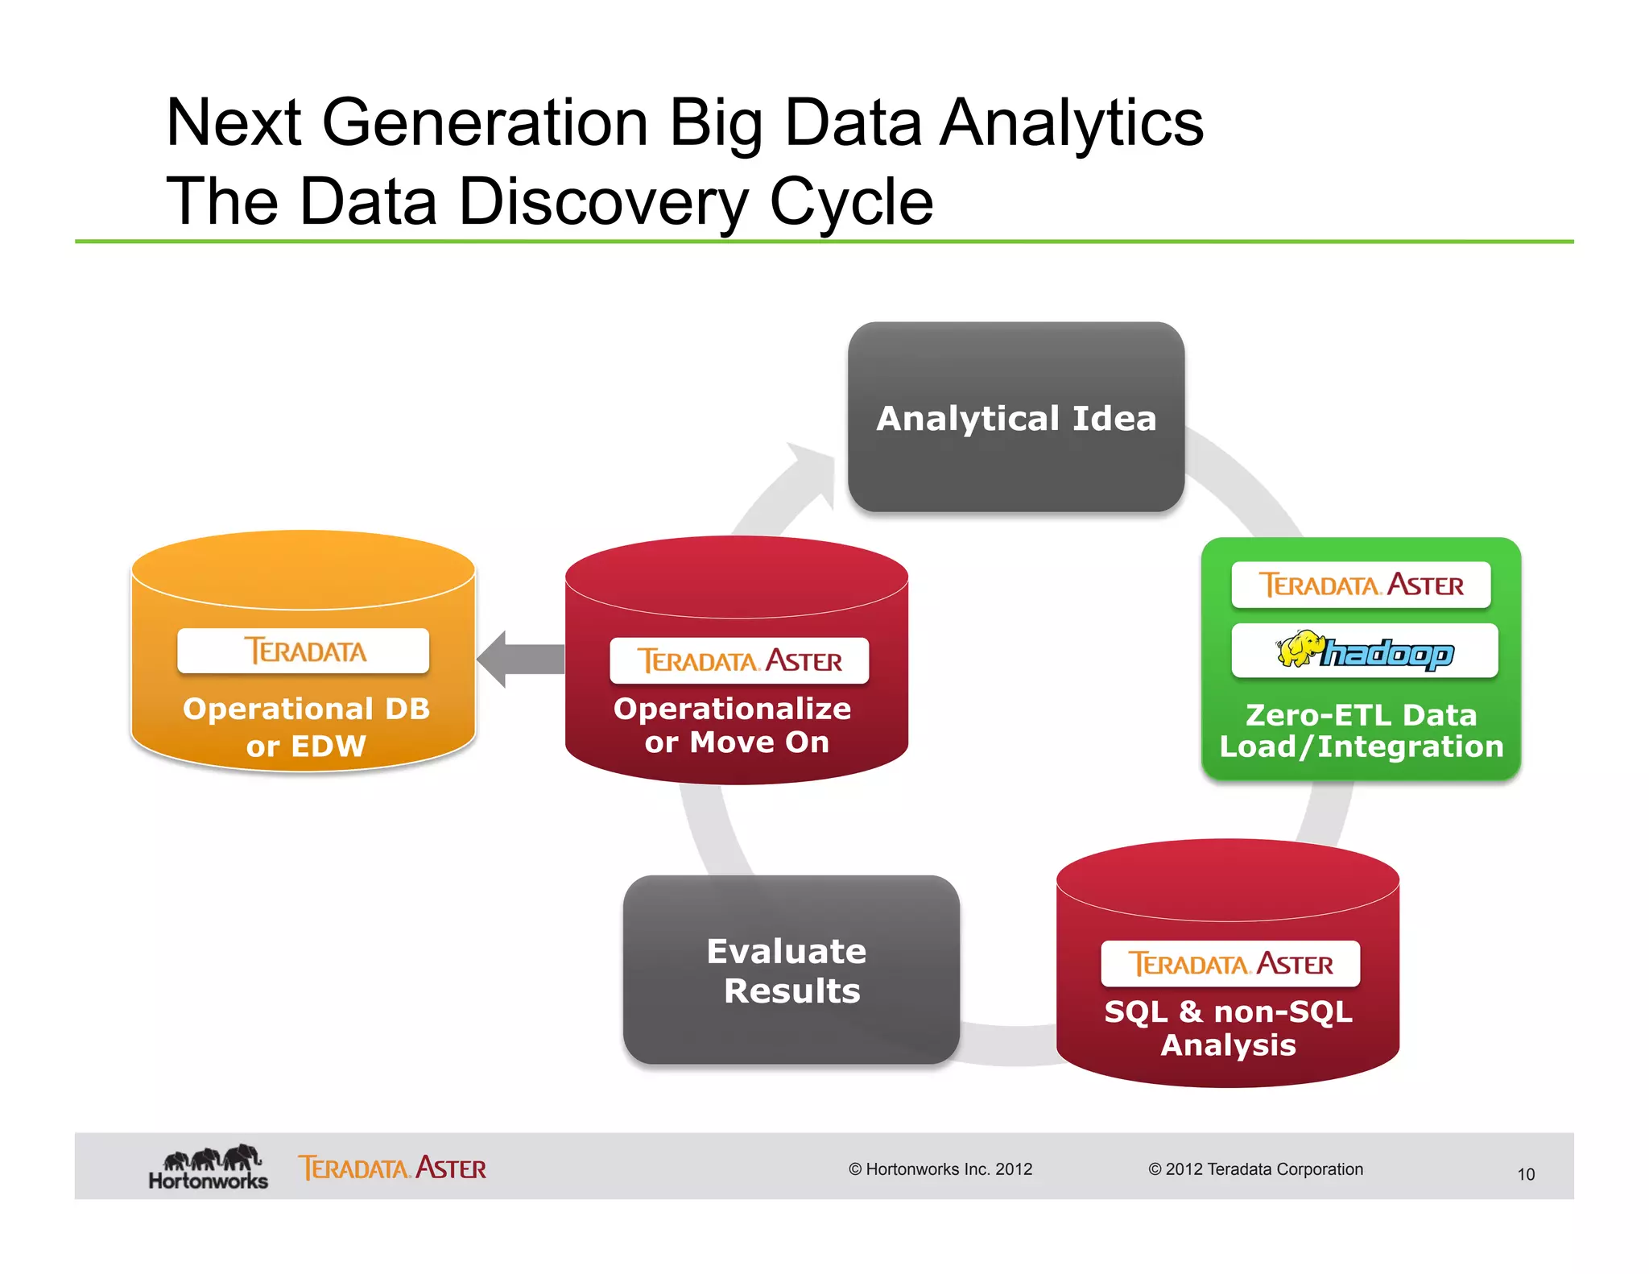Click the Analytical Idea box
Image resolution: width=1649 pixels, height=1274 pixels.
tap(1015, 417)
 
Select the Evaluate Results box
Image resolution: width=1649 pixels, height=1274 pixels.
tap(790, 970)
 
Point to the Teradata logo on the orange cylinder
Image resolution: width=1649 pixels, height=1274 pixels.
tap(304, 651)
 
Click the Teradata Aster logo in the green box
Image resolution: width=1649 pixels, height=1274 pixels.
tap(1361, 585)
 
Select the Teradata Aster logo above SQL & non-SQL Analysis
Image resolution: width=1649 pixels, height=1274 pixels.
tap(1230, 963)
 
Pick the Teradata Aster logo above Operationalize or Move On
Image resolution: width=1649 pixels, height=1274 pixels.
tap(738, 660)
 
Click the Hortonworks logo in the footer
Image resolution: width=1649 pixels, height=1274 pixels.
tap(208, 1168)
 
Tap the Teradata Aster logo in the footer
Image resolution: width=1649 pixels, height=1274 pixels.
tap(392, 1168)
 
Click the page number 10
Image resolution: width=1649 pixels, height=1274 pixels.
tap(1525, 1174)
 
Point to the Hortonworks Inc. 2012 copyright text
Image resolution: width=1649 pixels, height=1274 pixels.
tap(940, 1169)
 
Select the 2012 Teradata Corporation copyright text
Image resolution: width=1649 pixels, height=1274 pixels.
tap(1255, 1169)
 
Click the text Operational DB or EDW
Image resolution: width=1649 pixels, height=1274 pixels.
tap(306, 726)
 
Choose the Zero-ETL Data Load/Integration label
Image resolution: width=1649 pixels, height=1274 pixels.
tap(1361, 730)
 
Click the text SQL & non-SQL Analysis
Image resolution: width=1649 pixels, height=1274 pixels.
tap(1228, 1028)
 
